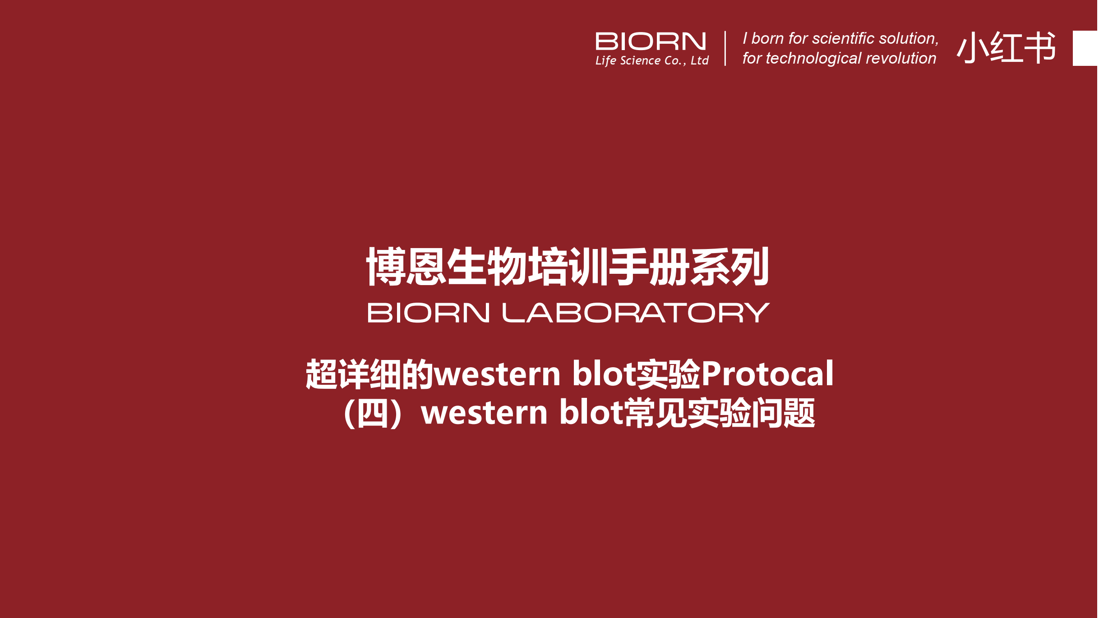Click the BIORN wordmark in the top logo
651,42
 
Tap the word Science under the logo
640,60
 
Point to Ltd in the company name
700,60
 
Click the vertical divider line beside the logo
725,48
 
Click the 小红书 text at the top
1006,47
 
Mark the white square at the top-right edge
1085,48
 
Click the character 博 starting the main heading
385,266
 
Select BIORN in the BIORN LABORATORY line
429,313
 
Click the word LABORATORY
636,313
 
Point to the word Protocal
767,374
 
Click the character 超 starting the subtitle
322,374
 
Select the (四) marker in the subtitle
373,413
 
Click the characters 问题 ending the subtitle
783,413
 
